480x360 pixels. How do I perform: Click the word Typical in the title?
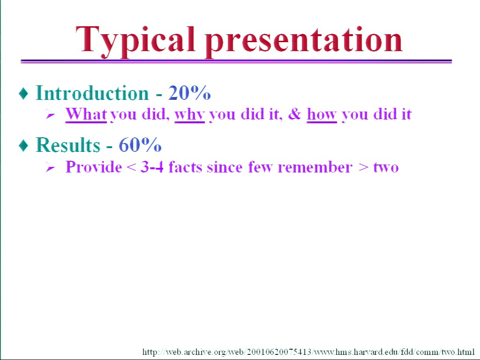pos(135,41)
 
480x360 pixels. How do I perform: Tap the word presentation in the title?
pos(304,41)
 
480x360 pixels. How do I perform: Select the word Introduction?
pos(92,93)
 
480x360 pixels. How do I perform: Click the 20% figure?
pos(189,93)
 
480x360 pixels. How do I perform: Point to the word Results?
pos(68,145)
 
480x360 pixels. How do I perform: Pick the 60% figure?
pos(140,145)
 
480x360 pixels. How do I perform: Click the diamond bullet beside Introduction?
pos(23,93)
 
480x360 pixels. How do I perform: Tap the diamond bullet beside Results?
pos(23,145)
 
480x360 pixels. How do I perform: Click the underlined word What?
pos(86,114)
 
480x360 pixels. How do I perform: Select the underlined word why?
pos(189,115)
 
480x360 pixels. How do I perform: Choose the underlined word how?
pos(322,114)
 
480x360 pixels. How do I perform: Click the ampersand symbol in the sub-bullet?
pos(294,114)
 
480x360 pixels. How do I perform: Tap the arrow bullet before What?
pos(50,115)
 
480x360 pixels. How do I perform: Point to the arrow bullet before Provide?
pos(50,167)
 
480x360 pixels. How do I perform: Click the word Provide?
pos(94,167)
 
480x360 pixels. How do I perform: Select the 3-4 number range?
pos(152,167)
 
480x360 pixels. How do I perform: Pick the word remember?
pos(315,167)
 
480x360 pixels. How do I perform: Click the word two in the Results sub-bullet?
pos(386,168)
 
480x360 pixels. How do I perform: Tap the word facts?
pos(185,167)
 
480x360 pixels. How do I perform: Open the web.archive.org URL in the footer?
pos(308,352)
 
